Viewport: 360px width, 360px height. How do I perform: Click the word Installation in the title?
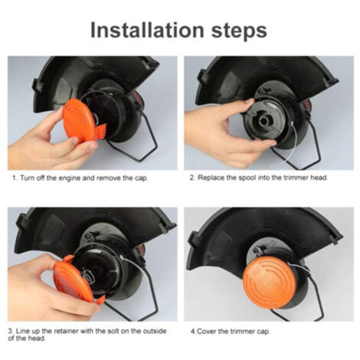pos(147,30)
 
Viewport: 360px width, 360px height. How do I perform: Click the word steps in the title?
pos(239,31)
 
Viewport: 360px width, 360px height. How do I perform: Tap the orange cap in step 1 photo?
pos(79,120)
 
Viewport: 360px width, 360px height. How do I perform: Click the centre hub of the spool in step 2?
pos(265,122)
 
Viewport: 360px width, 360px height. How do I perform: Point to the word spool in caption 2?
pos(247,178)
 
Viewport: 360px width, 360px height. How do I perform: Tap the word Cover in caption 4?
pos(206,332)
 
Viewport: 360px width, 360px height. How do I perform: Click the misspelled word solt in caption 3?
pos(116,332)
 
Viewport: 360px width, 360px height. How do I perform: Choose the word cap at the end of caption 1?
pos(142,178)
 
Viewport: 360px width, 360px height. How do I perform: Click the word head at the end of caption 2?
pos(319,178)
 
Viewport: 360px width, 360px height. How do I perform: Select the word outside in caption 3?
pos(155,332)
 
